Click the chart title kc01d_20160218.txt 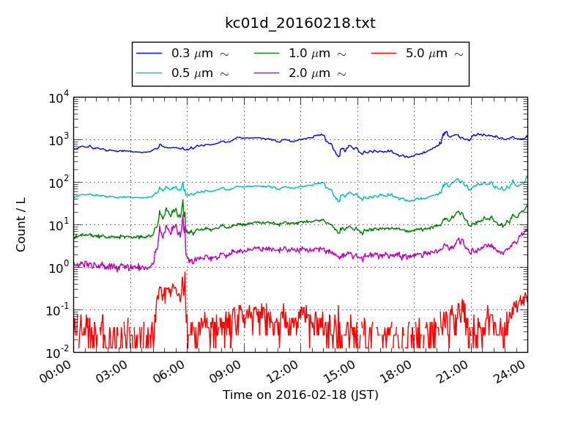300,23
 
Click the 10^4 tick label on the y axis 58,98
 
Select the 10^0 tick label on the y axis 58,268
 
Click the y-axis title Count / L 21,224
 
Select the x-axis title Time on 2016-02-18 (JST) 300,395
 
